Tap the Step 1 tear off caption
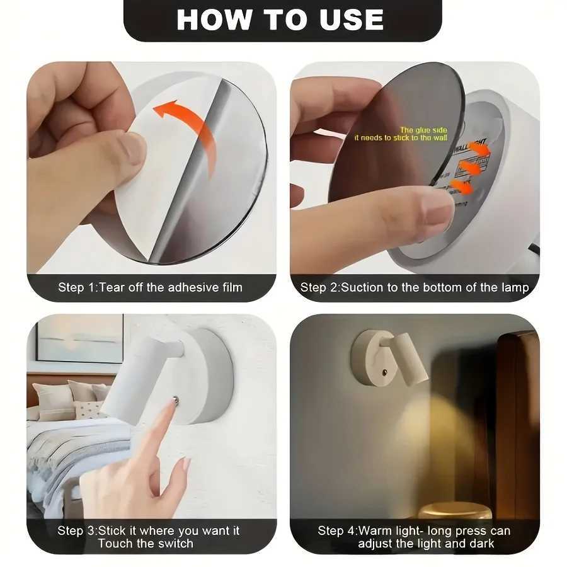tap(151, 287)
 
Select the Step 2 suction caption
tap(414, 287)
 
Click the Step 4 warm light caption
tap(414, 536)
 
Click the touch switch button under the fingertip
tap(176, 399)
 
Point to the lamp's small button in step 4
tap(384, 372)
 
